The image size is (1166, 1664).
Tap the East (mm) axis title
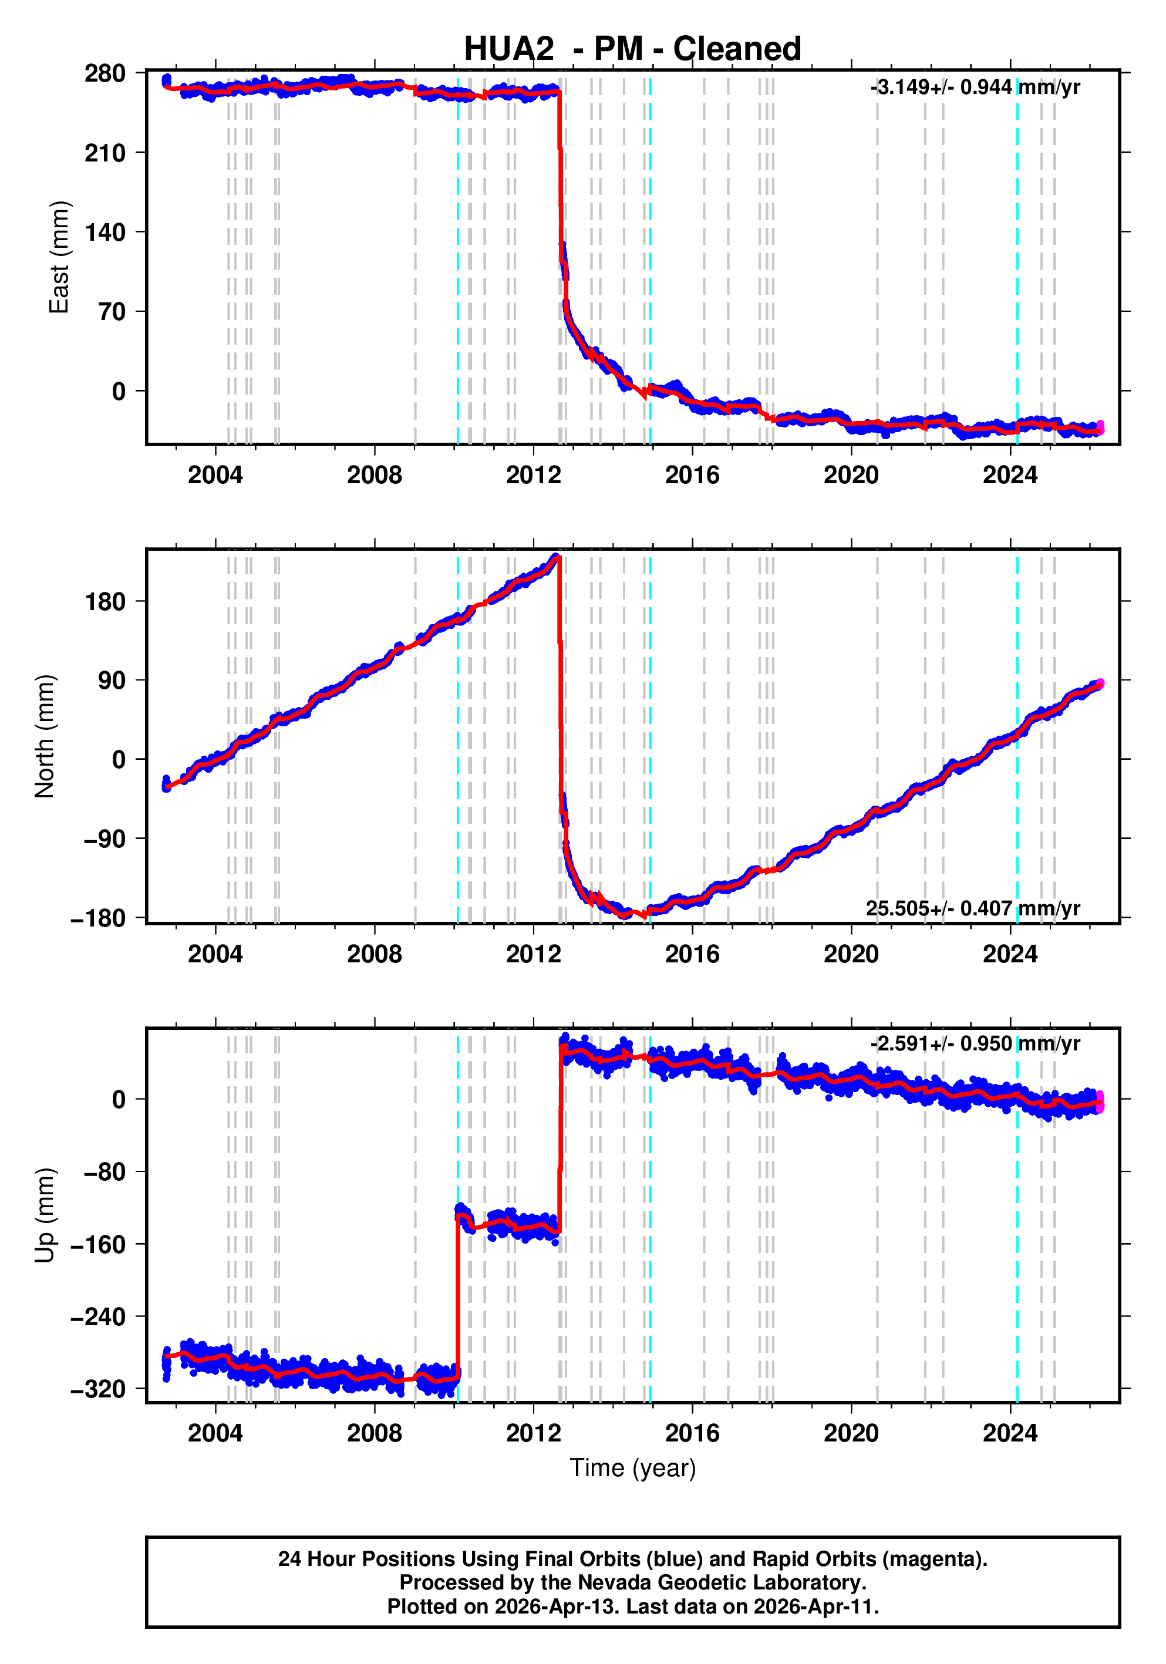(x=59, y=257)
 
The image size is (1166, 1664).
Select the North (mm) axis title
(x=45, y=736)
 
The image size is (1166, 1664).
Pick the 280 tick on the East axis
(x=105, y=73)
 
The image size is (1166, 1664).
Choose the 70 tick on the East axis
(x=112, y=312)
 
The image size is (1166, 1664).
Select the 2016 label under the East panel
(x=692, y=476)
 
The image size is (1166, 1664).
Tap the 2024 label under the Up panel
(x=1009, y=1433)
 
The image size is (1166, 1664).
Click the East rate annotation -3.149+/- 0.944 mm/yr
(x=975, y=87)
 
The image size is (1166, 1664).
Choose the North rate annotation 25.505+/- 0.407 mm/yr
(x=972, y=908)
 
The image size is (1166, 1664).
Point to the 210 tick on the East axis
(x=105, y=153)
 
